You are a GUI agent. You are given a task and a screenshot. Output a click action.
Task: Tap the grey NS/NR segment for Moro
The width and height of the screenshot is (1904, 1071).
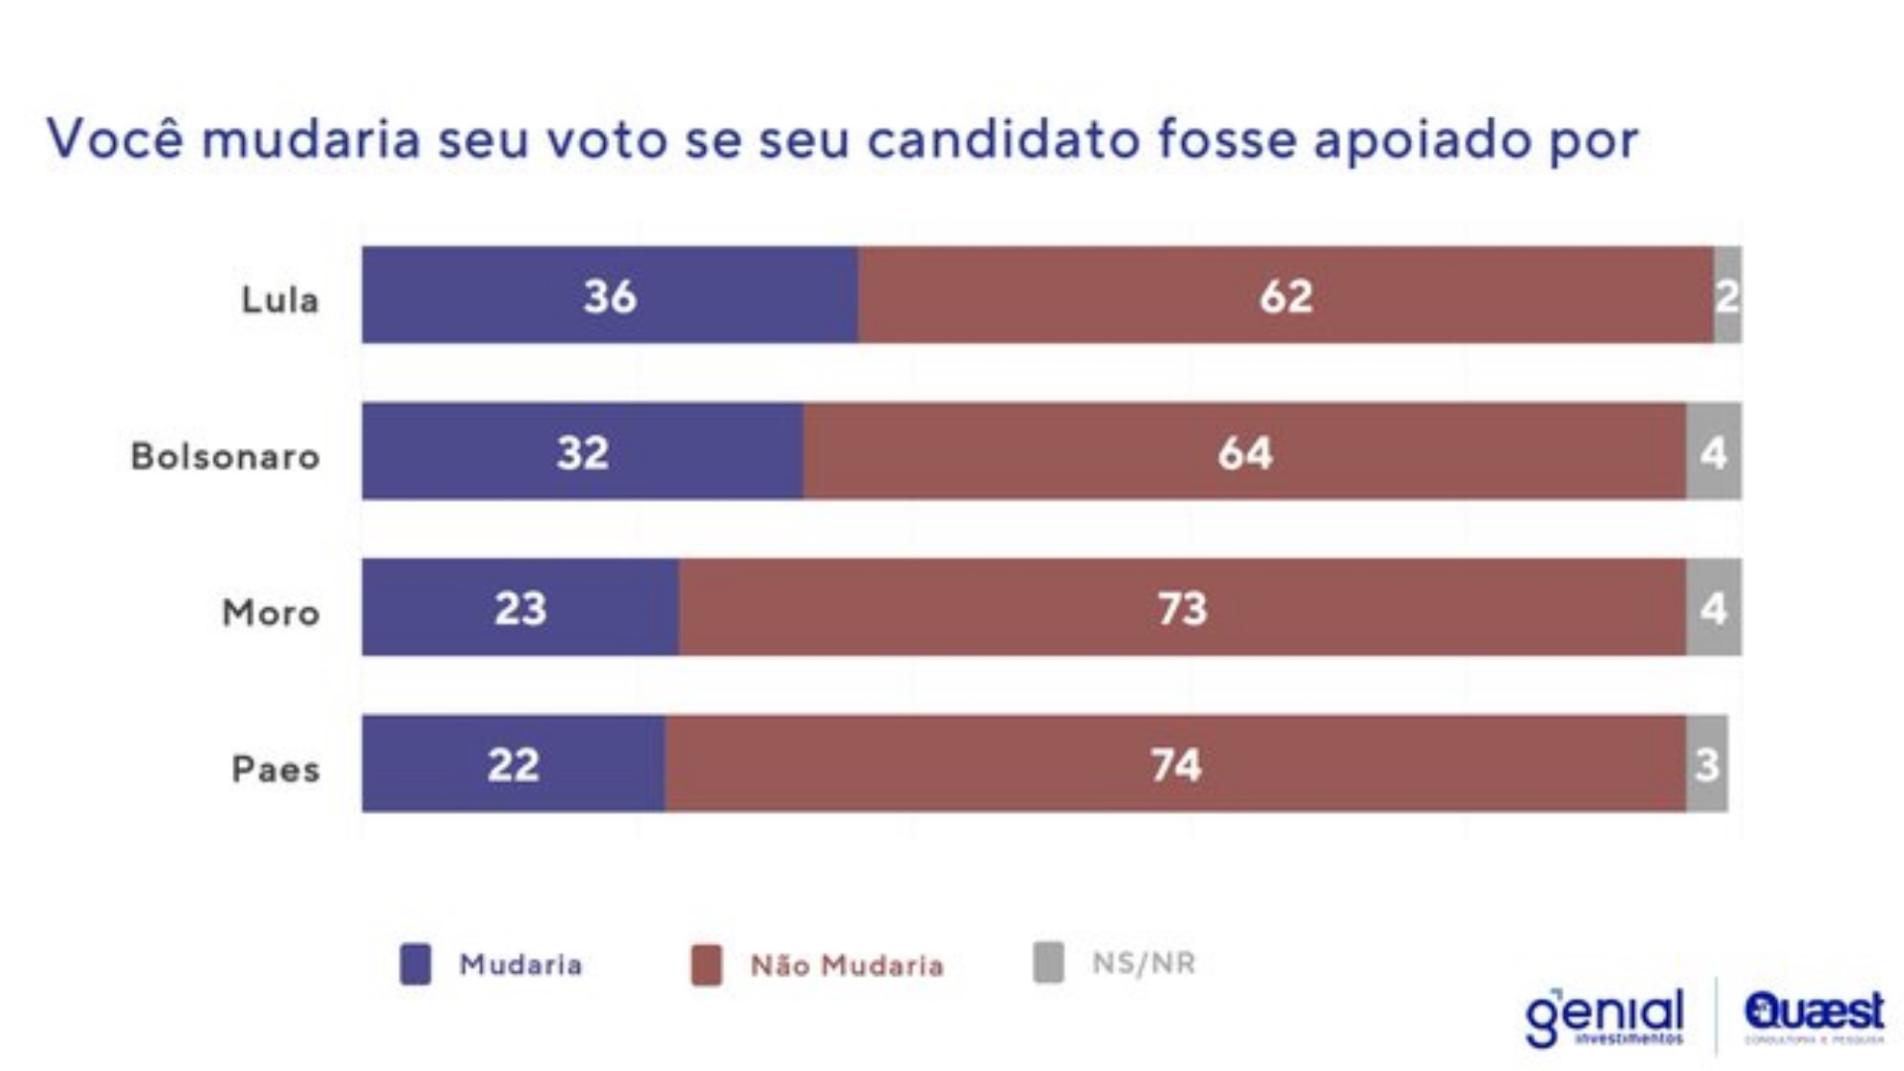tap(1714, 608)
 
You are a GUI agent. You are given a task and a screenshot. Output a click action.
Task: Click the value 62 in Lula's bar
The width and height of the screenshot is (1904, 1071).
tap(1286, 296)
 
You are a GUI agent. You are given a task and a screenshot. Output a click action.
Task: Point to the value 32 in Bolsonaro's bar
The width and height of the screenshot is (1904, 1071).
tap(582, 452)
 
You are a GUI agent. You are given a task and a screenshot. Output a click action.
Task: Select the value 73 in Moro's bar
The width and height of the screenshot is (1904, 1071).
tap(1182, 608)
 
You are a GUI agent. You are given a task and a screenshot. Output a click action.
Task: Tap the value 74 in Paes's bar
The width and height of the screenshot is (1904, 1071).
tap(1176, 765)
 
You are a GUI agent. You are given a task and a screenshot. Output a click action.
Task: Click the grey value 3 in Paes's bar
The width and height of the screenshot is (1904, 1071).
tap(1707, 765)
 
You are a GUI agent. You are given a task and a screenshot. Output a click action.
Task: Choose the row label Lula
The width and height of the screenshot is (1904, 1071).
tap(280, 299)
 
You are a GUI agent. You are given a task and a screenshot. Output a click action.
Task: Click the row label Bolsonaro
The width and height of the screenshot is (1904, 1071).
tap(225, 456)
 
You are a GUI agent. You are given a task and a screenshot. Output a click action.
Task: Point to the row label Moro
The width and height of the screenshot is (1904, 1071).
tap(271, 613)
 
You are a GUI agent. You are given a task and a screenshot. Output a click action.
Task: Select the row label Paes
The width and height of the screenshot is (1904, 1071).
tap(276, 770)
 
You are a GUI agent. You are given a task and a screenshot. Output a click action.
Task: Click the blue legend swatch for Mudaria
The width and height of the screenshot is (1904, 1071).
tap(416, 964)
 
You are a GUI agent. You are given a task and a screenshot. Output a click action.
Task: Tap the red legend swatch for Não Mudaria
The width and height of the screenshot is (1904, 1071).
tap(706, 965)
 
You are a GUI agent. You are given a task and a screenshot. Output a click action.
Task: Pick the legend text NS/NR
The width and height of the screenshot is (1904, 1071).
tap(1143, 963)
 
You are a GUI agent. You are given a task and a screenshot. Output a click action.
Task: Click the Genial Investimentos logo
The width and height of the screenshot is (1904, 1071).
tap(1605, 1016)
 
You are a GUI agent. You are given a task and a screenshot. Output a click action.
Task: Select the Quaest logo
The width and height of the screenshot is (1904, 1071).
tap(1814, 1013)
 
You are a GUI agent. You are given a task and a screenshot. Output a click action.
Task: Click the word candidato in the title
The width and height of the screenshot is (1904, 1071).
tap(1004, 139)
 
